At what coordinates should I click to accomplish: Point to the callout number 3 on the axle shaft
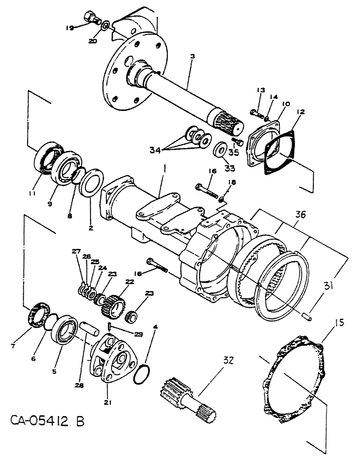192,55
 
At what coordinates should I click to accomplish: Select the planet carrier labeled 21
111,361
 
